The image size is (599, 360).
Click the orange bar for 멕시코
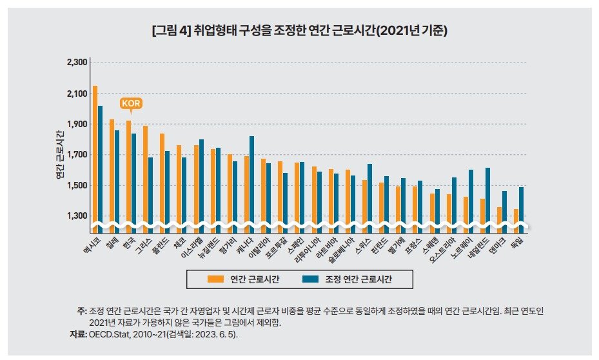pos(95,155)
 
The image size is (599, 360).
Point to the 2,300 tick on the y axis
pos(77,63)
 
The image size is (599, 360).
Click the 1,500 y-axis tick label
pos(77,186)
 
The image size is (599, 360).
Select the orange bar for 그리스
pos(145,174)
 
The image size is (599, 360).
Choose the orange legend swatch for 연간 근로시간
pos(215,279)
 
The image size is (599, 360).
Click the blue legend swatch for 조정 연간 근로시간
pos(311,279)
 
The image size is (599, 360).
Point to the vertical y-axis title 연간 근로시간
pos(60,155)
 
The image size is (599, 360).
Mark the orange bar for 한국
pos(129,171)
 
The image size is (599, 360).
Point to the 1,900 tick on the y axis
pos(77,125)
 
